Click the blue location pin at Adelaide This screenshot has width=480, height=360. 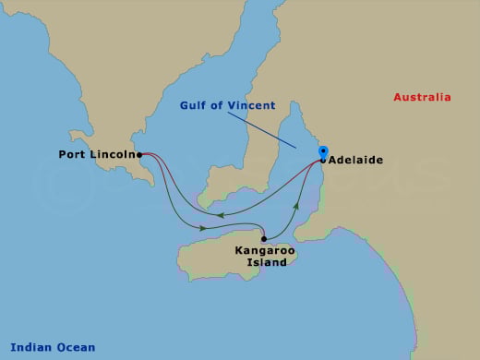pos(323,150)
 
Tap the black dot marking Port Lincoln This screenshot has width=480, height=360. pos(139,155)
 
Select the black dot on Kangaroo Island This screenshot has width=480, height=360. pos(264,238)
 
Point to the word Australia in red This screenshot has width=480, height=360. pos(422,97)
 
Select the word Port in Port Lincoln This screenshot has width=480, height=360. pos(72,154)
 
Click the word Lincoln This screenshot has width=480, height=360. pos(114,154)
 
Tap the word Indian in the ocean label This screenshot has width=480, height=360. pos(25,347)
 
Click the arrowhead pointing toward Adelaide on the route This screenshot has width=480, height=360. pos(296,200)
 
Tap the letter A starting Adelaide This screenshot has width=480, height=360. pos(332,159)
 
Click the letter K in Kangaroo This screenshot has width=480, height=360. pos(239,250)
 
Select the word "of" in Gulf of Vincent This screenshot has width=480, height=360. pos(222,105)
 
